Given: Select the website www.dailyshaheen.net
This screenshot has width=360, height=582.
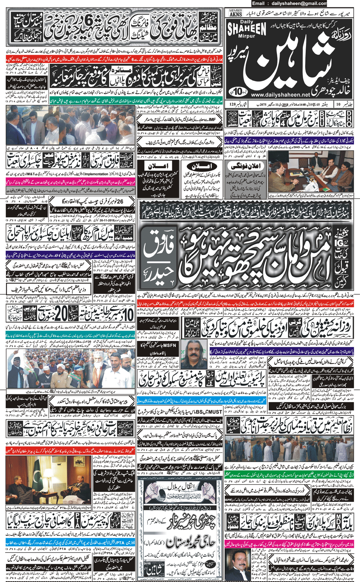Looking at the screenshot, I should [280, 95].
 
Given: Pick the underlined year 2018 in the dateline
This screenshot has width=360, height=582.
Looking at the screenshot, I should [286, 104].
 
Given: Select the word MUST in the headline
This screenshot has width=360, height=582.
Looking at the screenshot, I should [215, 412].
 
